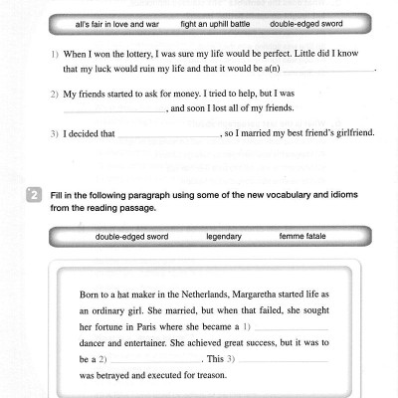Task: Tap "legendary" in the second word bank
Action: click(223, 236)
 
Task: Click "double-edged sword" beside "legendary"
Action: click(132, 236)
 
